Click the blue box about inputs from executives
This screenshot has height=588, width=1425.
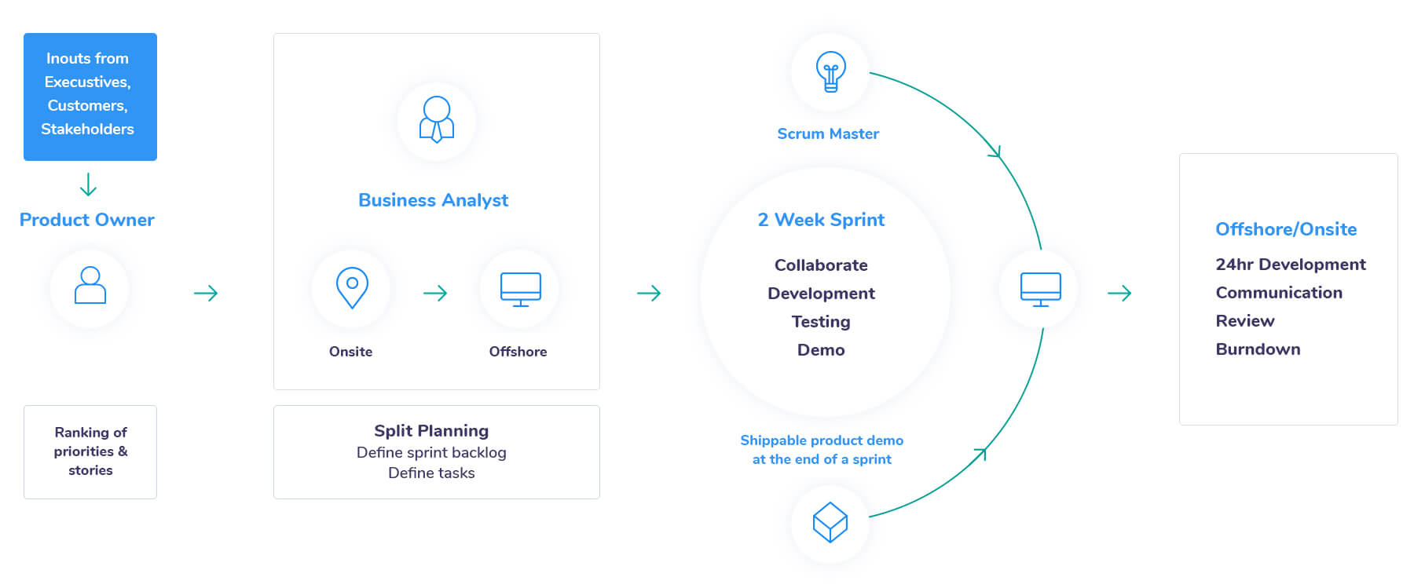point(90,97)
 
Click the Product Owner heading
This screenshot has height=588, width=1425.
point(87,220)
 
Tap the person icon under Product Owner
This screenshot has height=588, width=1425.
point(90,285)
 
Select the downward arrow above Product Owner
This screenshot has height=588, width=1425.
point(89,184)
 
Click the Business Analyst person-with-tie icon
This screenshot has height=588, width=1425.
point(437,119)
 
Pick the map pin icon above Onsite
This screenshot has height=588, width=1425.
point(352,287)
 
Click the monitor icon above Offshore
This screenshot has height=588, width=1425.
point(521,289)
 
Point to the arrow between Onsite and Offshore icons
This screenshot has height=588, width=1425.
point(435,293)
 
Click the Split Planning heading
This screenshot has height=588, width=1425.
point(431,431)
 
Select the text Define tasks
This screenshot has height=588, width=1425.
point(431,473)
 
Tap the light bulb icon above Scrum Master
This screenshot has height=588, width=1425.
point(830,72)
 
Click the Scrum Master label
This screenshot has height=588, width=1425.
point(828,134)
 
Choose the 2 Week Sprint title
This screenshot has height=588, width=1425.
point(821,220)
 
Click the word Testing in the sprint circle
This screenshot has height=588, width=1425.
point(821,322)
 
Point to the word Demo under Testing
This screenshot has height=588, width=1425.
point(821,350)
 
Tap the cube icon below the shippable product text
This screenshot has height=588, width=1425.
point(830,523)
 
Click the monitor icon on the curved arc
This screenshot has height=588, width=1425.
point(1041,289)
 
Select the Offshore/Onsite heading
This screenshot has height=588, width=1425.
point(1286,229)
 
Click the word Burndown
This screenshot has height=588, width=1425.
point(1258,349)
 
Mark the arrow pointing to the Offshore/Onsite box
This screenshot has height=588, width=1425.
point(1119,293)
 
